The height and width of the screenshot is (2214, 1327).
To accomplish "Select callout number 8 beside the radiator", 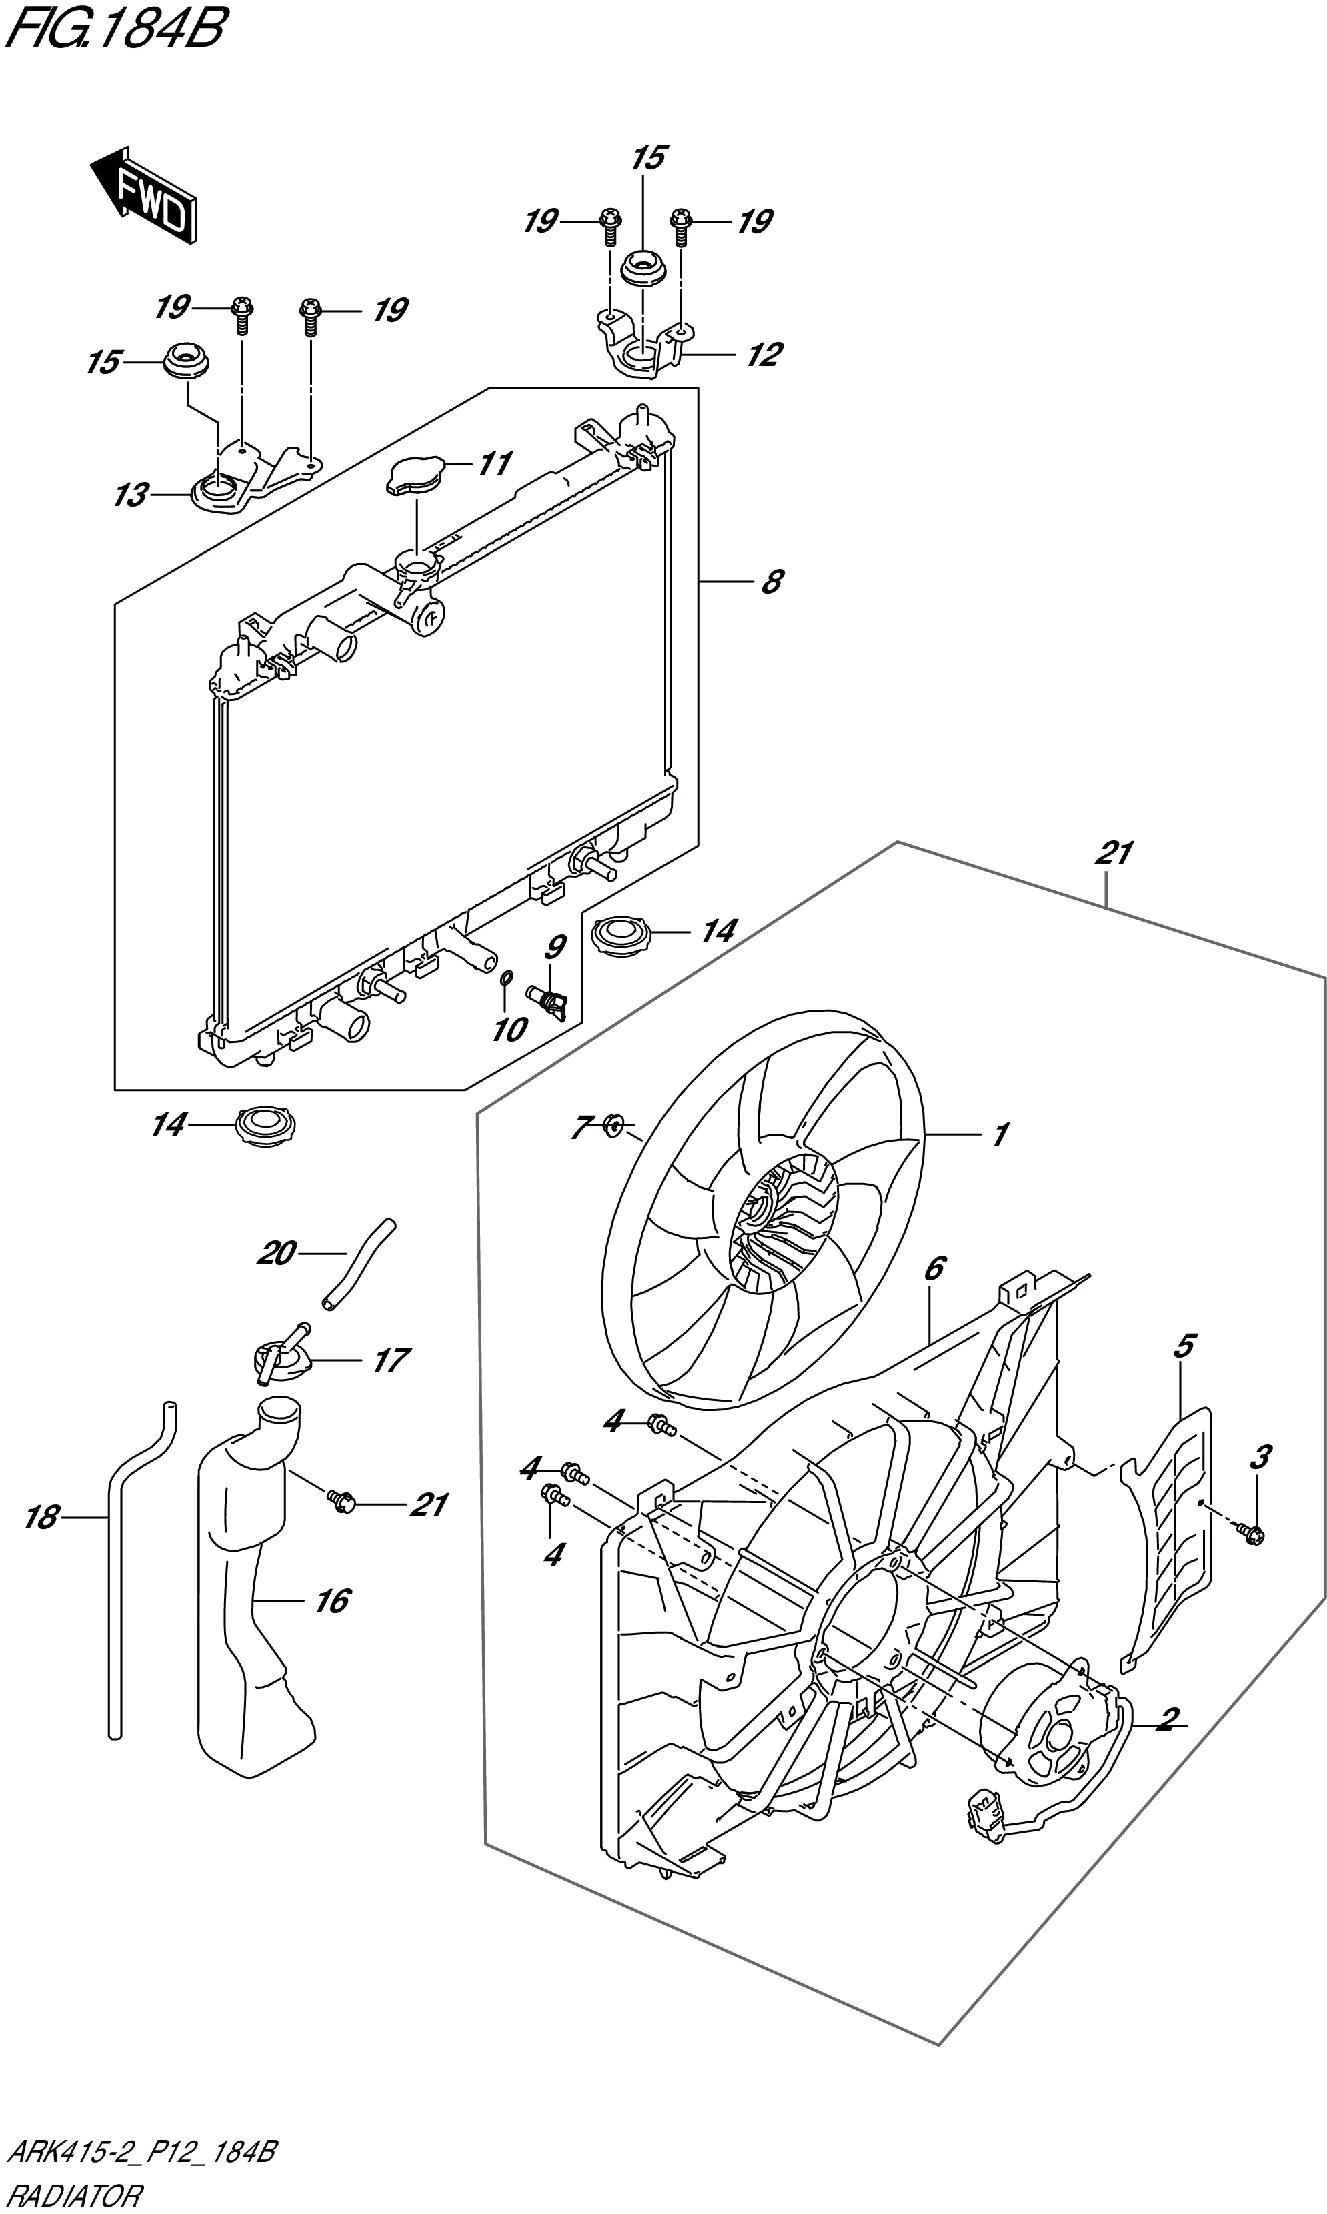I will click(771, 582).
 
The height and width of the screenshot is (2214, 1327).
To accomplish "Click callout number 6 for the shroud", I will click(934, 1268).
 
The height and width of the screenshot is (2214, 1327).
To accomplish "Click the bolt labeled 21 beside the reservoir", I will click(341, 1504).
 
